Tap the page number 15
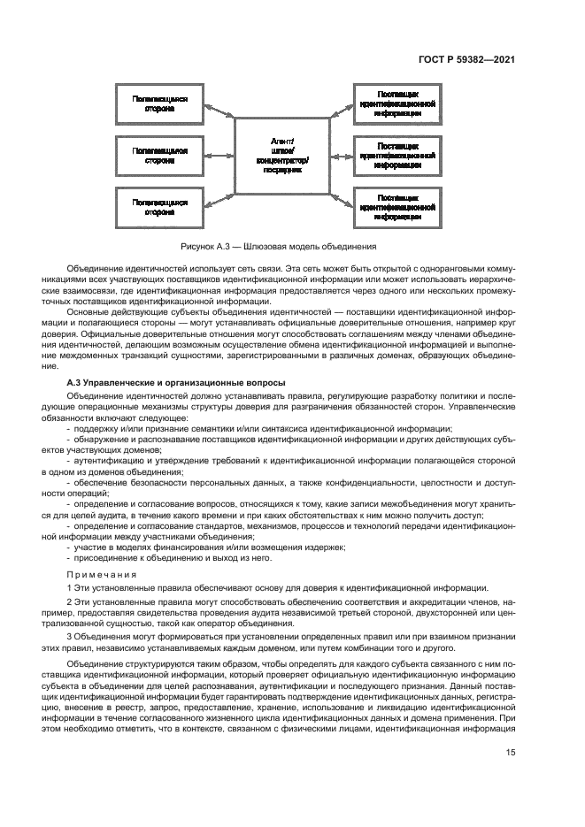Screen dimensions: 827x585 pyautogui.click(x=511, y=754)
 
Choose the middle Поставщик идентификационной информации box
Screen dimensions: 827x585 pyautogui.click(x=396, y=155)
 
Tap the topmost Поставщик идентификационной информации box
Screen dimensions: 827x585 pyautogui.click(x=396, y=104)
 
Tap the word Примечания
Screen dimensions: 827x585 pyautogui.click(x=98, y=574)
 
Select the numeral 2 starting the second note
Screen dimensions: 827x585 pyautogui.click(x=70, y=601)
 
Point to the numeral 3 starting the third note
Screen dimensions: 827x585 pyautogui.click(x=70, y=638)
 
